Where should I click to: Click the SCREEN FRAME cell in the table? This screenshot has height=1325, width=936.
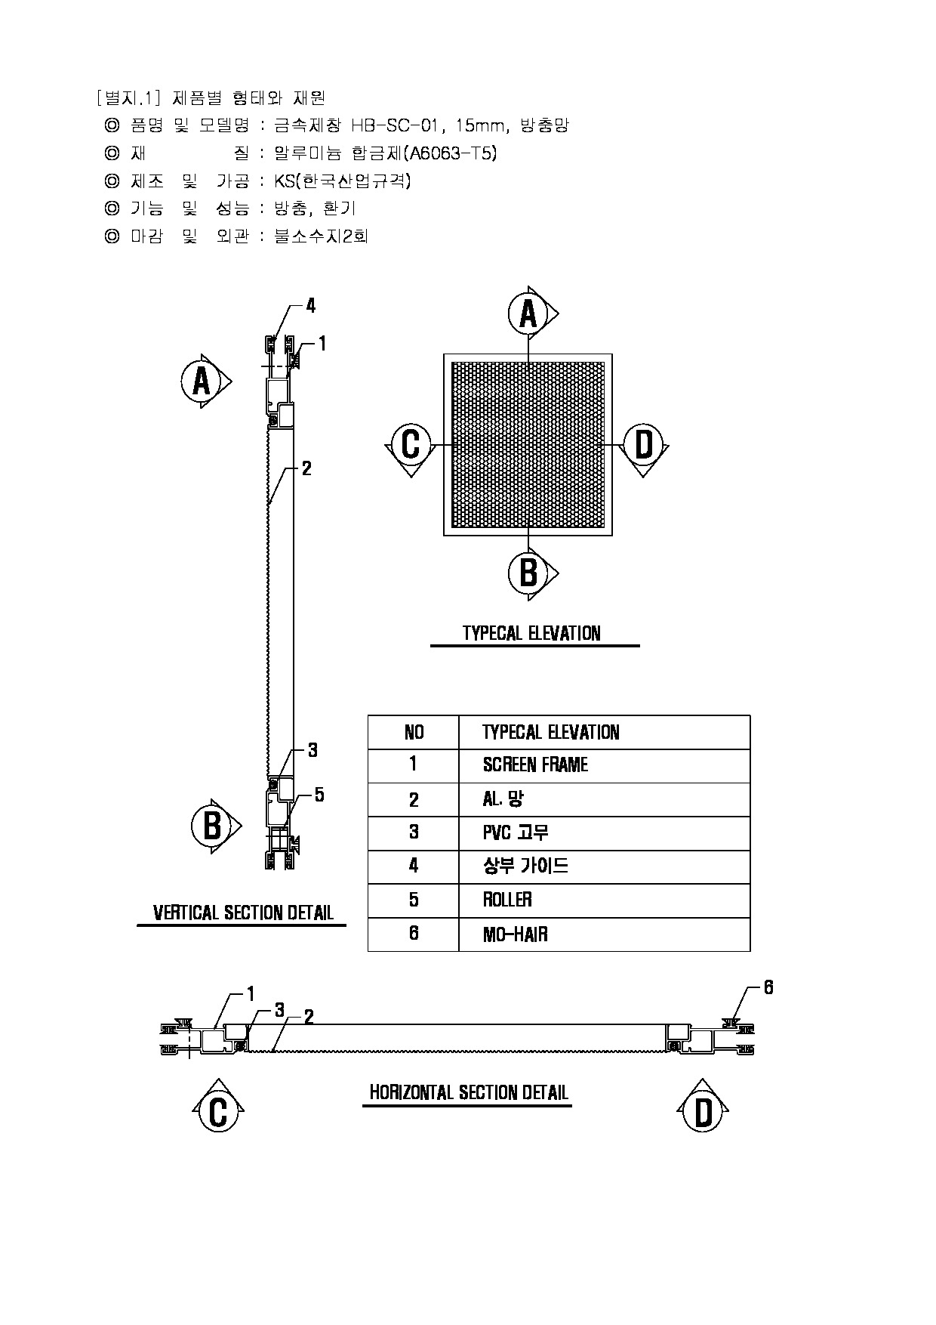[535, 765]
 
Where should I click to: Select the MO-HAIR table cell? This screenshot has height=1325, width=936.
[515, 934]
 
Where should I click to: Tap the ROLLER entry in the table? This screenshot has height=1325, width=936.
[507, 900]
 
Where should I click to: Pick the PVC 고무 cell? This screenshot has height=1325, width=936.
[516, 832]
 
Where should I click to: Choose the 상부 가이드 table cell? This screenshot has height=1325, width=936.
[525, 866]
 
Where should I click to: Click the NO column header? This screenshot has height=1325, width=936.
[414, 732]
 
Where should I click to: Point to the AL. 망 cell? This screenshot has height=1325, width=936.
[503, 799]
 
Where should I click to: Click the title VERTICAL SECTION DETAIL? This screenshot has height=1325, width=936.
[243, 913]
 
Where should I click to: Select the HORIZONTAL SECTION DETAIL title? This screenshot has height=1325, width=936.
[468, 1092]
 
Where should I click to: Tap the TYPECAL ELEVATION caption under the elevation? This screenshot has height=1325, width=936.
[531, 633]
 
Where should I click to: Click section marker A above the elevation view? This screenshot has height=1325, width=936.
[528, 313]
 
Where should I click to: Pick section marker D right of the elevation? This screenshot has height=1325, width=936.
[643, 445]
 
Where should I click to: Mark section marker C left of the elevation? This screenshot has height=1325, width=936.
[411, 445]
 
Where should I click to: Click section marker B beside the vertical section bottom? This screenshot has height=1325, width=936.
[212, 826]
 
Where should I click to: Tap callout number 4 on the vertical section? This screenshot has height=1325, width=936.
[310, 306]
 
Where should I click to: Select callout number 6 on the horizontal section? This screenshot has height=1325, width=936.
[768, 987]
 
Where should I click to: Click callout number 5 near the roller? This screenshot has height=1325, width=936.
[319, 795]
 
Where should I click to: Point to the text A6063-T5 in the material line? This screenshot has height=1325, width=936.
[451, 153]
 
